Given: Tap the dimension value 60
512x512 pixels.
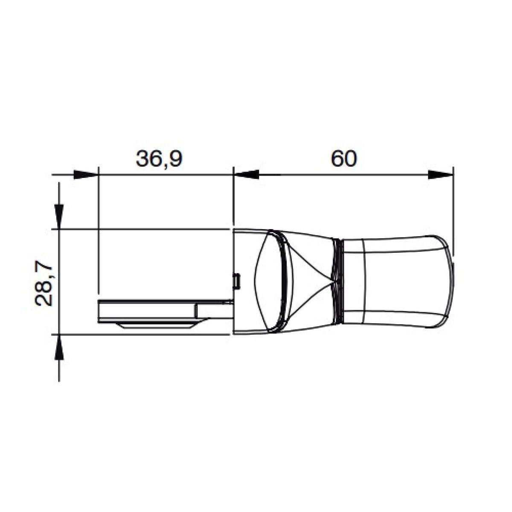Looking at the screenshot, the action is (344, 159).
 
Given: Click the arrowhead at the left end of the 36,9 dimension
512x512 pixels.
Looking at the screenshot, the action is (86, 175).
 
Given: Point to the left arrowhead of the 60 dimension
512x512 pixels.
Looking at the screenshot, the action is (246, 175).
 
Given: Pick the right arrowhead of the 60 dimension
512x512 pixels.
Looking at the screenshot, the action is (440, 175).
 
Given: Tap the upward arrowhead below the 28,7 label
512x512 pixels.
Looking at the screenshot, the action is (59, 347).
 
